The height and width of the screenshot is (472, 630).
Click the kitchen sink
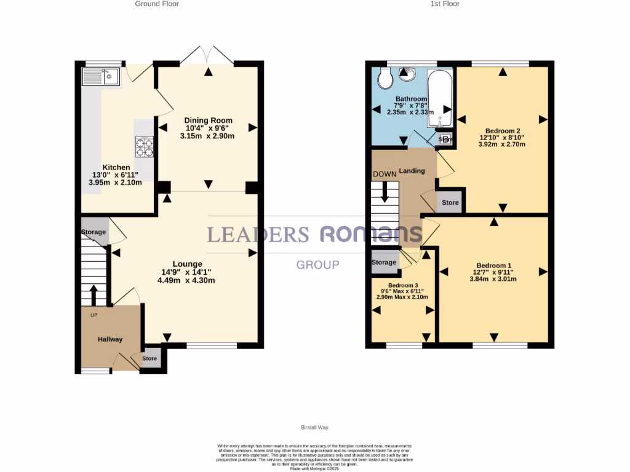(x=101, y=77)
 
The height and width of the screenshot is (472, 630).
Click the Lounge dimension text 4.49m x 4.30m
(x=186, y=280)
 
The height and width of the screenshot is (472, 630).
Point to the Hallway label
(x=110, y=339)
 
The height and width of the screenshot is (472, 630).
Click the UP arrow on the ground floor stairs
(x=94, y=295)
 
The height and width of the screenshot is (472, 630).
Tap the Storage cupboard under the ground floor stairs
(x=94, y=232)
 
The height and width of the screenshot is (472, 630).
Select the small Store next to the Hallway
(x=150, y=358)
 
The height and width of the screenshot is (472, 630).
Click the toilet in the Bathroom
(x=386, y=77)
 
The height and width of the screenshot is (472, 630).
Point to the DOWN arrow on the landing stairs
(x=385, y=192)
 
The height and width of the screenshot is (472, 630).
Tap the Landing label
(x=412, y=171)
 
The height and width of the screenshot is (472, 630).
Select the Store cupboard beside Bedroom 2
(x=450, y=202)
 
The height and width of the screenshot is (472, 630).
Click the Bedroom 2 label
(x=503, y=130)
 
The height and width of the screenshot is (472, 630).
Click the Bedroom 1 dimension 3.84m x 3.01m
(x=493, y=279)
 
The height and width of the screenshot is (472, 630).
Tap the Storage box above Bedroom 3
(x=384, y=262)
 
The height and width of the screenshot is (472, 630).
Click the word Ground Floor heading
(x=157, y=4)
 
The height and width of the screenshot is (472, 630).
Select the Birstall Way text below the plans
(x=315, y=427)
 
